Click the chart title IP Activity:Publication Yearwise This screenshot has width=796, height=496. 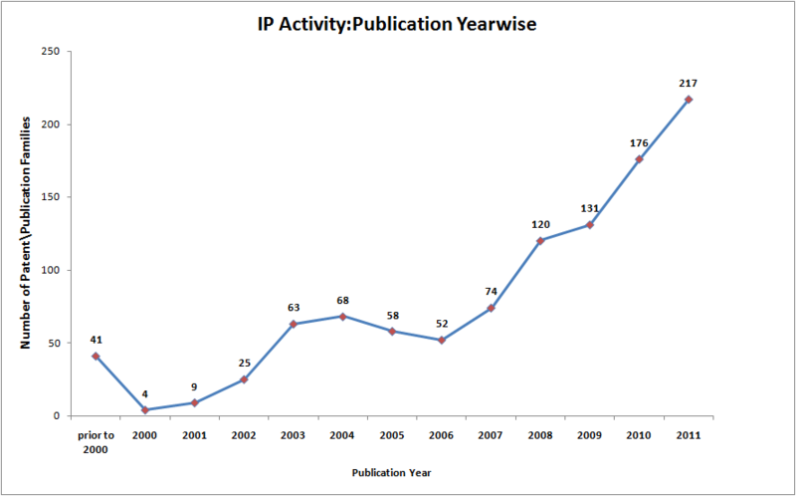coord(396,24)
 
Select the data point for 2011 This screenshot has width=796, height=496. coord(688,100)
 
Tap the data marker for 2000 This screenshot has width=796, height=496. coord(145,409)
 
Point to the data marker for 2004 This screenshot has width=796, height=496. coord(342,317)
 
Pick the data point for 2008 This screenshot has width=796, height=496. coord(540,240)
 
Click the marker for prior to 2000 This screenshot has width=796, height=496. coord(96,356)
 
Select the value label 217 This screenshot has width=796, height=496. coord(688,83)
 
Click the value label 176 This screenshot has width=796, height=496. coord(639,143)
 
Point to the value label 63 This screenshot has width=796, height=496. coord(294,308)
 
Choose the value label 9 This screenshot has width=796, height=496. coord(195,386)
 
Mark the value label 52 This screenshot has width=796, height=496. coord(441,324)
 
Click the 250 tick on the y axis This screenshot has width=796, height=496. coord(51,51)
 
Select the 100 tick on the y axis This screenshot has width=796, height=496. coord(51,270)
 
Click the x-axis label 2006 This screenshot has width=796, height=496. coord(441,435)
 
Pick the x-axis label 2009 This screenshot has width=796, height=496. coord(589,435)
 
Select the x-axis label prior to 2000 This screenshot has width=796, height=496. coord(96,441)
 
